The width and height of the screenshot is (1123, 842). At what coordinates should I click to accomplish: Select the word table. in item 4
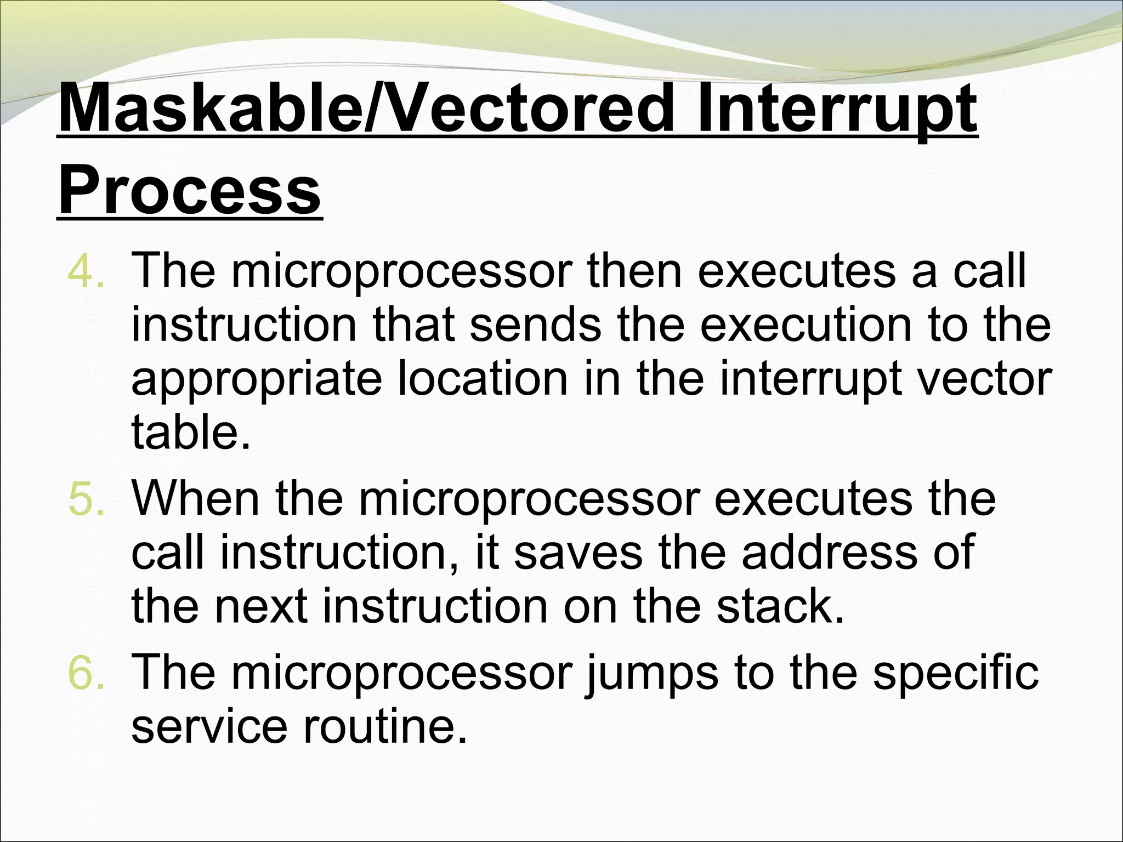191,432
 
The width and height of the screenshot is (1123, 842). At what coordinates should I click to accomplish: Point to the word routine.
384,726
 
